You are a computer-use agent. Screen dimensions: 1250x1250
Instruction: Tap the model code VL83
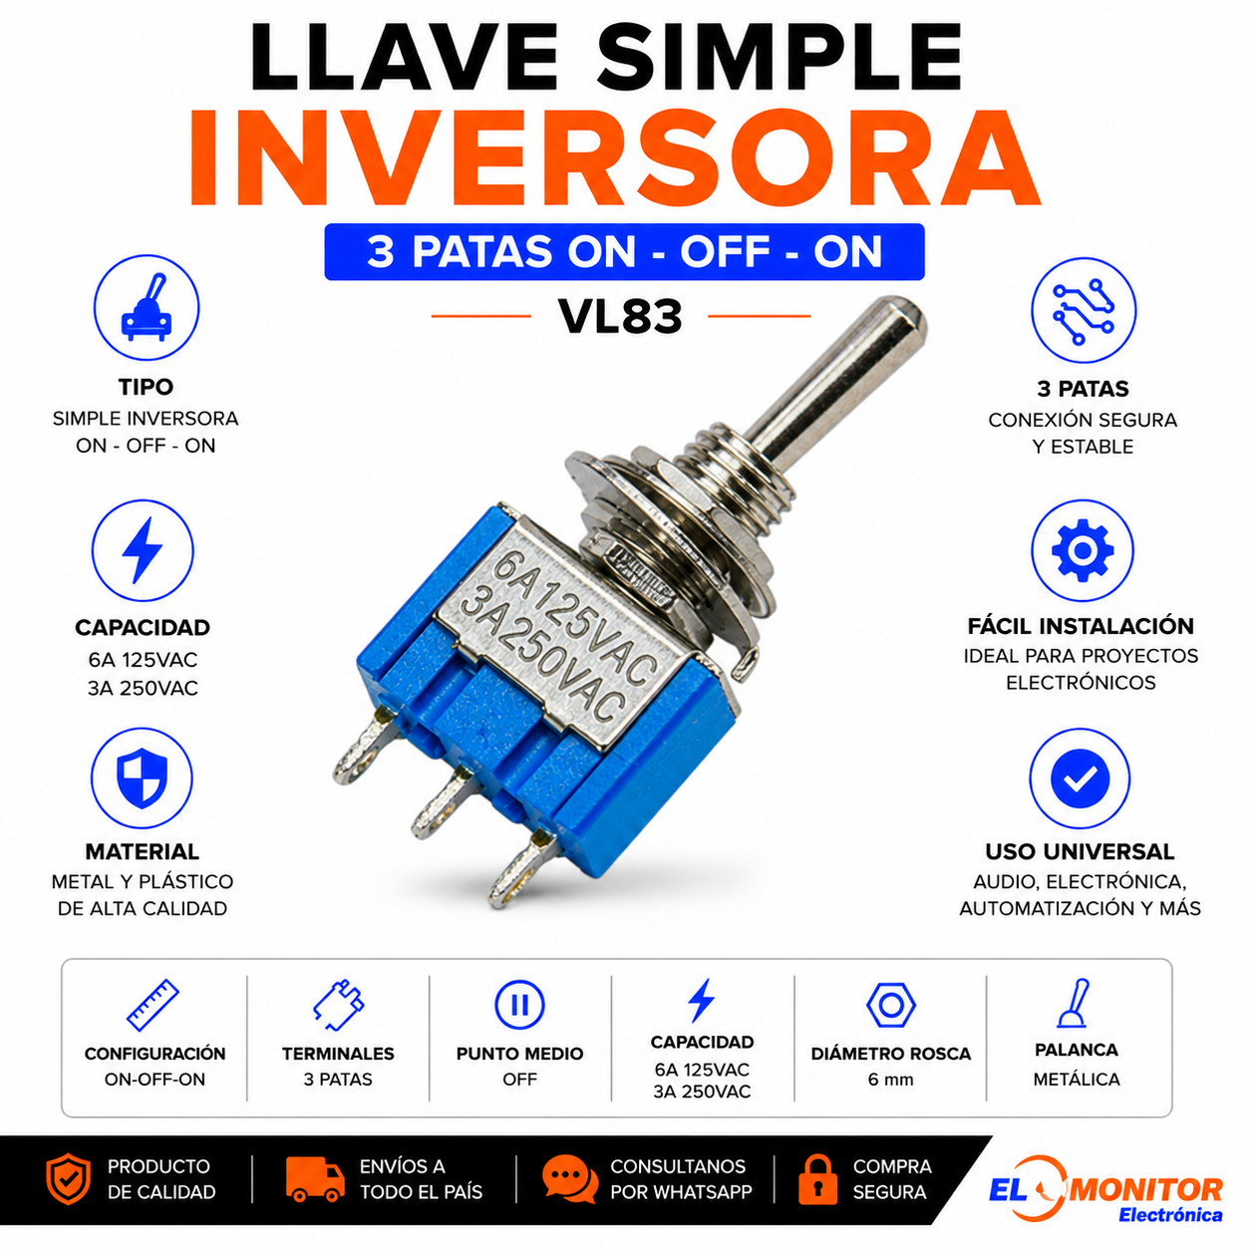coord(621,317)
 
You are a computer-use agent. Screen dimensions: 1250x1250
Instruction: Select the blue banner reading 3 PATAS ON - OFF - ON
coord(624,251)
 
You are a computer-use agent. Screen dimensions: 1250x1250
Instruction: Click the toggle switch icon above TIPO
coord(147,307)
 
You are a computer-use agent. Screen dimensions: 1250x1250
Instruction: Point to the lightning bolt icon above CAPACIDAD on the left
coord(143,550)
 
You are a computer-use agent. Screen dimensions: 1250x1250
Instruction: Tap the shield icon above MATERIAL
coord(143,778)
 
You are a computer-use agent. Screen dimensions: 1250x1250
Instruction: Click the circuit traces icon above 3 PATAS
coord(1084,311)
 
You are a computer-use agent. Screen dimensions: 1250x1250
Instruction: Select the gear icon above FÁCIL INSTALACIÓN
coord(1083,550)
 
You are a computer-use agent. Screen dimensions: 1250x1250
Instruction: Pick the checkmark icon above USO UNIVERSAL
coord(1081,779)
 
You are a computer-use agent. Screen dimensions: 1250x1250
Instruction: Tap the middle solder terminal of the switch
coord(442,802)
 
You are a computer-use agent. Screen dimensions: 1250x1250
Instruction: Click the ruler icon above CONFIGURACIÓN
coord(153,1005)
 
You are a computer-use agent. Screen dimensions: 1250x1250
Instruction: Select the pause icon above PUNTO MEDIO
coord(519,1005)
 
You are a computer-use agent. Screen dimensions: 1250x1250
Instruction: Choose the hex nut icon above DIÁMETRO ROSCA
coord(891,1005)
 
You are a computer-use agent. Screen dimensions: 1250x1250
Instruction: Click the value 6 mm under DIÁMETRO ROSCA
coord(890,1080)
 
